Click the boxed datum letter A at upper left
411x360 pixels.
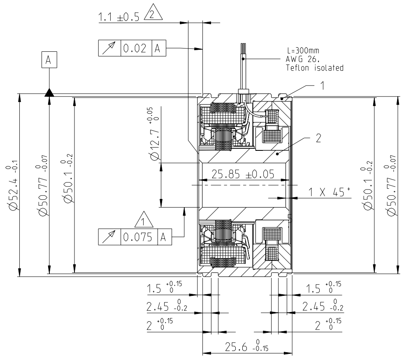49,60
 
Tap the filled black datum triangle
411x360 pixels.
49,92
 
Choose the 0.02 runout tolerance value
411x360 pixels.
136,48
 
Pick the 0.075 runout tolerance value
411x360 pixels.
139,237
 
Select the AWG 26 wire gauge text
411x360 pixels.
302,60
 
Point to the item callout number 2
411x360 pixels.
318,138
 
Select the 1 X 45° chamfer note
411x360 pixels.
328,192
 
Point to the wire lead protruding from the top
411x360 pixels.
243,66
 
